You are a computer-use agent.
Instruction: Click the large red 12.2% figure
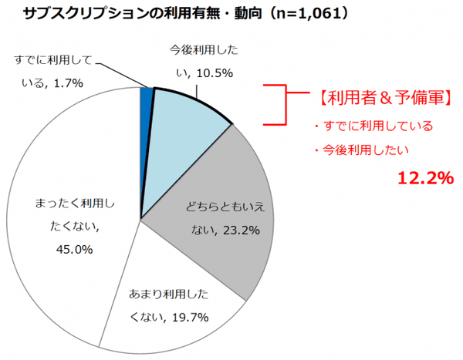[424, 179]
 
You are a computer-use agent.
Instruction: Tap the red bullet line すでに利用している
[373, 125]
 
